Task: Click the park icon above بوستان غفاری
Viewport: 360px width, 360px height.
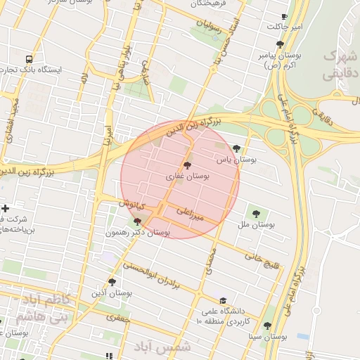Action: [x=186, y=164]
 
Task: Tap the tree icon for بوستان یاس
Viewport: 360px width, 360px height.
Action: [x=236, y=148]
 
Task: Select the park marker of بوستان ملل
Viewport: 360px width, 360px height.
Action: [x=255, y=212]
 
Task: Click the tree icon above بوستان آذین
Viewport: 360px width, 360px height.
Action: [x=111, y=281]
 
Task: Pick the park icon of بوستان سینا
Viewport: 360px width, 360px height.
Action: [x=266, y=325]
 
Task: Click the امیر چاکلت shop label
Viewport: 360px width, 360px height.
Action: [x=284, y=27]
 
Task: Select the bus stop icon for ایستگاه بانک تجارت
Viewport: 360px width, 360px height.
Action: [x=29, y=60]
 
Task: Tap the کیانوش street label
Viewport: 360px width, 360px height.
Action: [x=131, y=203]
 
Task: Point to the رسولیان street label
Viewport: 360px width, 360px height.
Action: [x=209, y=28]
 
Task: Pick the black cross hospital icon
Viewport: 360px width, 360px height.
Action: [x=6, y=208]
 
